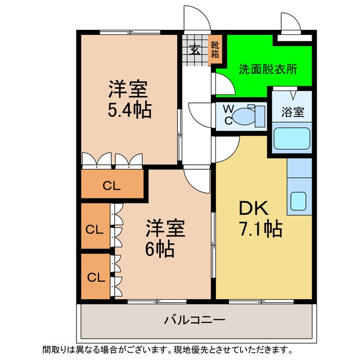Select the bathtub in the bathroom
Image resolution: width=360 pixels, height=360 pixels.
click(x=292, y=138)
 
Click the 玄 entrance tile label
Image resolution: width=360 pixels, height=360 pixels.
click(x=195, y=49)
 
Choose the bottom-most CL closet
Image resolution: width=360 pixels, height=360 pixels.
click(x=95, y=277)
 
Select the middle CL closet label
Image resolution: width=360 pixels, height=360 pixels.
click(x=95, y=229)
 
